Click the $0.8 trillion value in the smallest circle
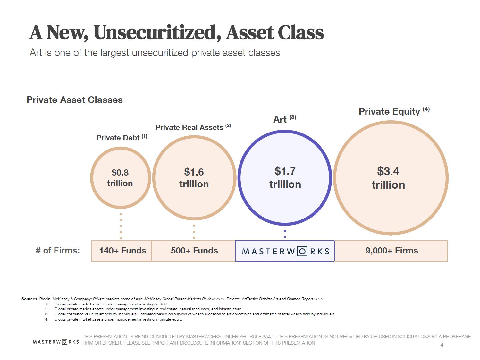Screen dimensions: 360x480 click(x=120, y=178)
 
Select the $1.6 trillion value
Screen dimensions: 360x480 click(x=194, y=178)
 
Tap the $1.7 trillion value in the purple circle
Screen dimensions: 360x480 click(x=285, y=178)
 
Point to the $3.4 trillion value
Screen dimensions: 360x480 click(x=388, y=178)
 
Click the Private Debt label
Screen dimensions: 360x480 click(x=118, y=138)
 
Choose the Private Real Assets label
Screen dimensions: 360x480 click(x=189, y=127)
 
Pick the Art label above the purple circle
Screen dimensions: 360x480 click(x=280, y=119)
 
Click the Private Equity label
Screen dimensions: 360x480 click(x=389, y=111)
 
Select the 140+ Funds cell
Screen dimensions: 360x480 click(x=122, y=251)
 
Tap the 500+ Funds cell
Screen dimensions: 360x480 click(x=194, y=251)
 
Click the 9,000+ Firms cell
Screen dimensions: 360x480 click(x=392, y=251)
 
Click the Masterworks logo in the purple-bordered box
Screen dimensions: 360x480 click(x=285, y=251)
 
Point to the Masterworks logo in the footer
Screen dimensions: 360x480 click(x=56, y=342)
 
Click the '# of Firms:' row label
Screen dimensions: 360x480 click(x=58, y=250)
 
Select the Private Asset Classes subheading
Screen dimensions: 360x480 click(x=75, y=100)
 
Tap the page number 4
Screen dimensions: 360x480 click(x=442, y=345)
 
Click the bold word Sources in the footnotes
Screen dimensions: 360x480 click(x=29, y=299)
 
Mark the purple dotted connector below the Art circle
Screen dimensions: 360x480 click(x=285, y=234)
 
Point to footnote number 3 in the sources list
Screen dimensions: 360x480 click(x=46, y=314)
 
